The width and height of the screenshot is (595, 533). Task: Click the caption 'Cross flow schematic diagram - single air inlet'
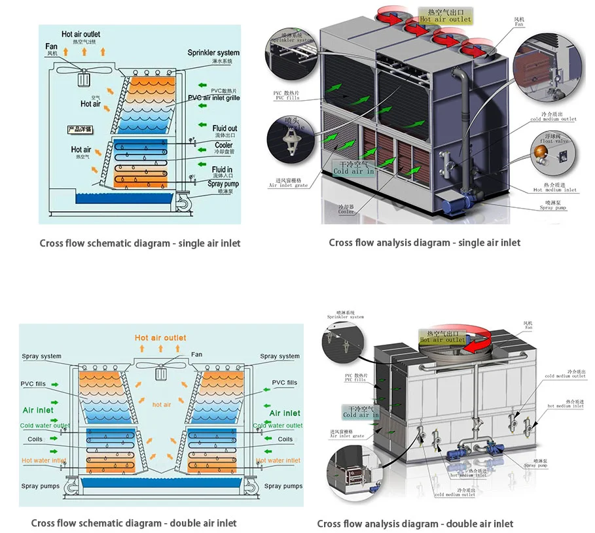(139, 243)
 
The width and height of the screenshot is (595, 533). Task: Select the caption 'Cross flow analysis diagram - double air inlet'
(415, 524)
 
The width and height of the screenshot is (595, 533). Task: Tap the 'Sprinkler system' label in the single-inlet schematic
(213, 53)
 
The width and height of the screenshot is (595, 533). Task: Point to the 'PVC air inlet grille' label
(213, 98)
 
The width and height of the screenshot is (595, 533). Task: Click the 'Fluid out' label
(225, 129)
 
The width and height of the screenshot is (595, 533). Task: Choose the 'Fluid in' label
(223, 170)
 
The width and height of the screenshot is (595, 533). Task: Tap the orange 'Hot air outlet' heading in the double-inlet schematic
(160, 338)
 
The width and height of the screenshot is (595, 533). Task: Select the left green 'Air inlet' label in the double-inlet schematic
(38, 411)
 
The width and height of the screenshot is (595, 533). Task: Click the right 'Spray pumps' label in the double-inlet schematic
(283, 486)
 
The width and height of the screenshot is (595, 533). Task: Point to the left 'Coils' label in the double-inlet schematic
(35, 439)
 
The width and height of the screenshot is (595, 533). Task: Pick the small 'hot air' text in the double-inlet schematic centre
(162, 405)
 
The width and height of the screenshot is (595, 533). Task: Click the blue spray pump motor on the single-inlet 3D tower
(453, 205)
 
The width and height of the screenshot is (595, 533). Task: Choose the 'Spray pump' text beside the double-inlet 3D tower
(535, 465)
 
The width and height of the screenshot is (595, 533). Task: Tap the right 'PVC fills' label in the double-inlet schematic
(284, 383)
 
